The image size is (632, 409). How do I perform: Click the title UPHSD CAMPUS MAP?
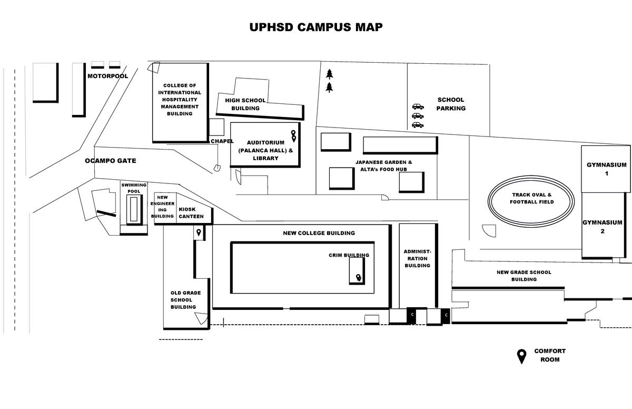316,27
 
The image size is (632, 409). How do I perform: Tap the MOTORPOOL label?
107,76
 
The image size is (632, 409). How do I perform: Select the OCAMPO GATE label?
111,161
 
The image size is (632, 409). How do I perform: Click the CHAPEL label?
222,141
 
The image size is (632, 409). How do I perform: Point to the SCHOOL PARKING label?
451,104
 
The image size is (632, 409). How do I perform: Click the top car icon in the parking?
418,106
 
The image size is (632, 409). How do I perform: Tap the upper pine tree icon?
329,74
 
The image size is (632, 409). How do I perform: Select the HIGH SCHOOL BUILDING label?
245,104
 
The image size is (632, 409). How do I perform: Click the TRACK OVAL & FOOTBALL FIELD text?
531,198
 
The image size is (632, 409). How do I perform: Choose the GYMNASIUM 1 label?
607,169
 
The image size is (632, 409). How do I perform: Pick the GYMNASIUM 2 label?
602,227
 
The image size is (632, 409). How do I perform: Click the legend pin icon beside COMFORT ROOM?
521,356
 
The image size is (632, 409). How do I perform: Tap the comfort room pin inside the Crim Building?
359,278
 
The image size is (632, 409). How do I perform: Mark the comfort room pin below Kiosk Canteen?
199,232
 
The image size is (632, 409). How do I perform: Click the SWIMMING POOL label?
134,188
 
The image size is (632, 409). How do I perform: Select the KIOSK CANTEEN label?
191,212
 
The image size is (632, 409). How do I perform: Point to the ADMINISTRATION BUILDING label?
417,258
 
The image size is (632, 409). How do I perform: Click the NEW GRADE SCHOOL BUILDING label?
524,276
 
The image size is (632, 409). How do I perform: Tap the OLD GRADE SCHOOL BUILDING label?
183,300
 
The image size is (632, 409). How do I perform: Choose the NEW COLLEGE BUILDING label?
319,233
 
